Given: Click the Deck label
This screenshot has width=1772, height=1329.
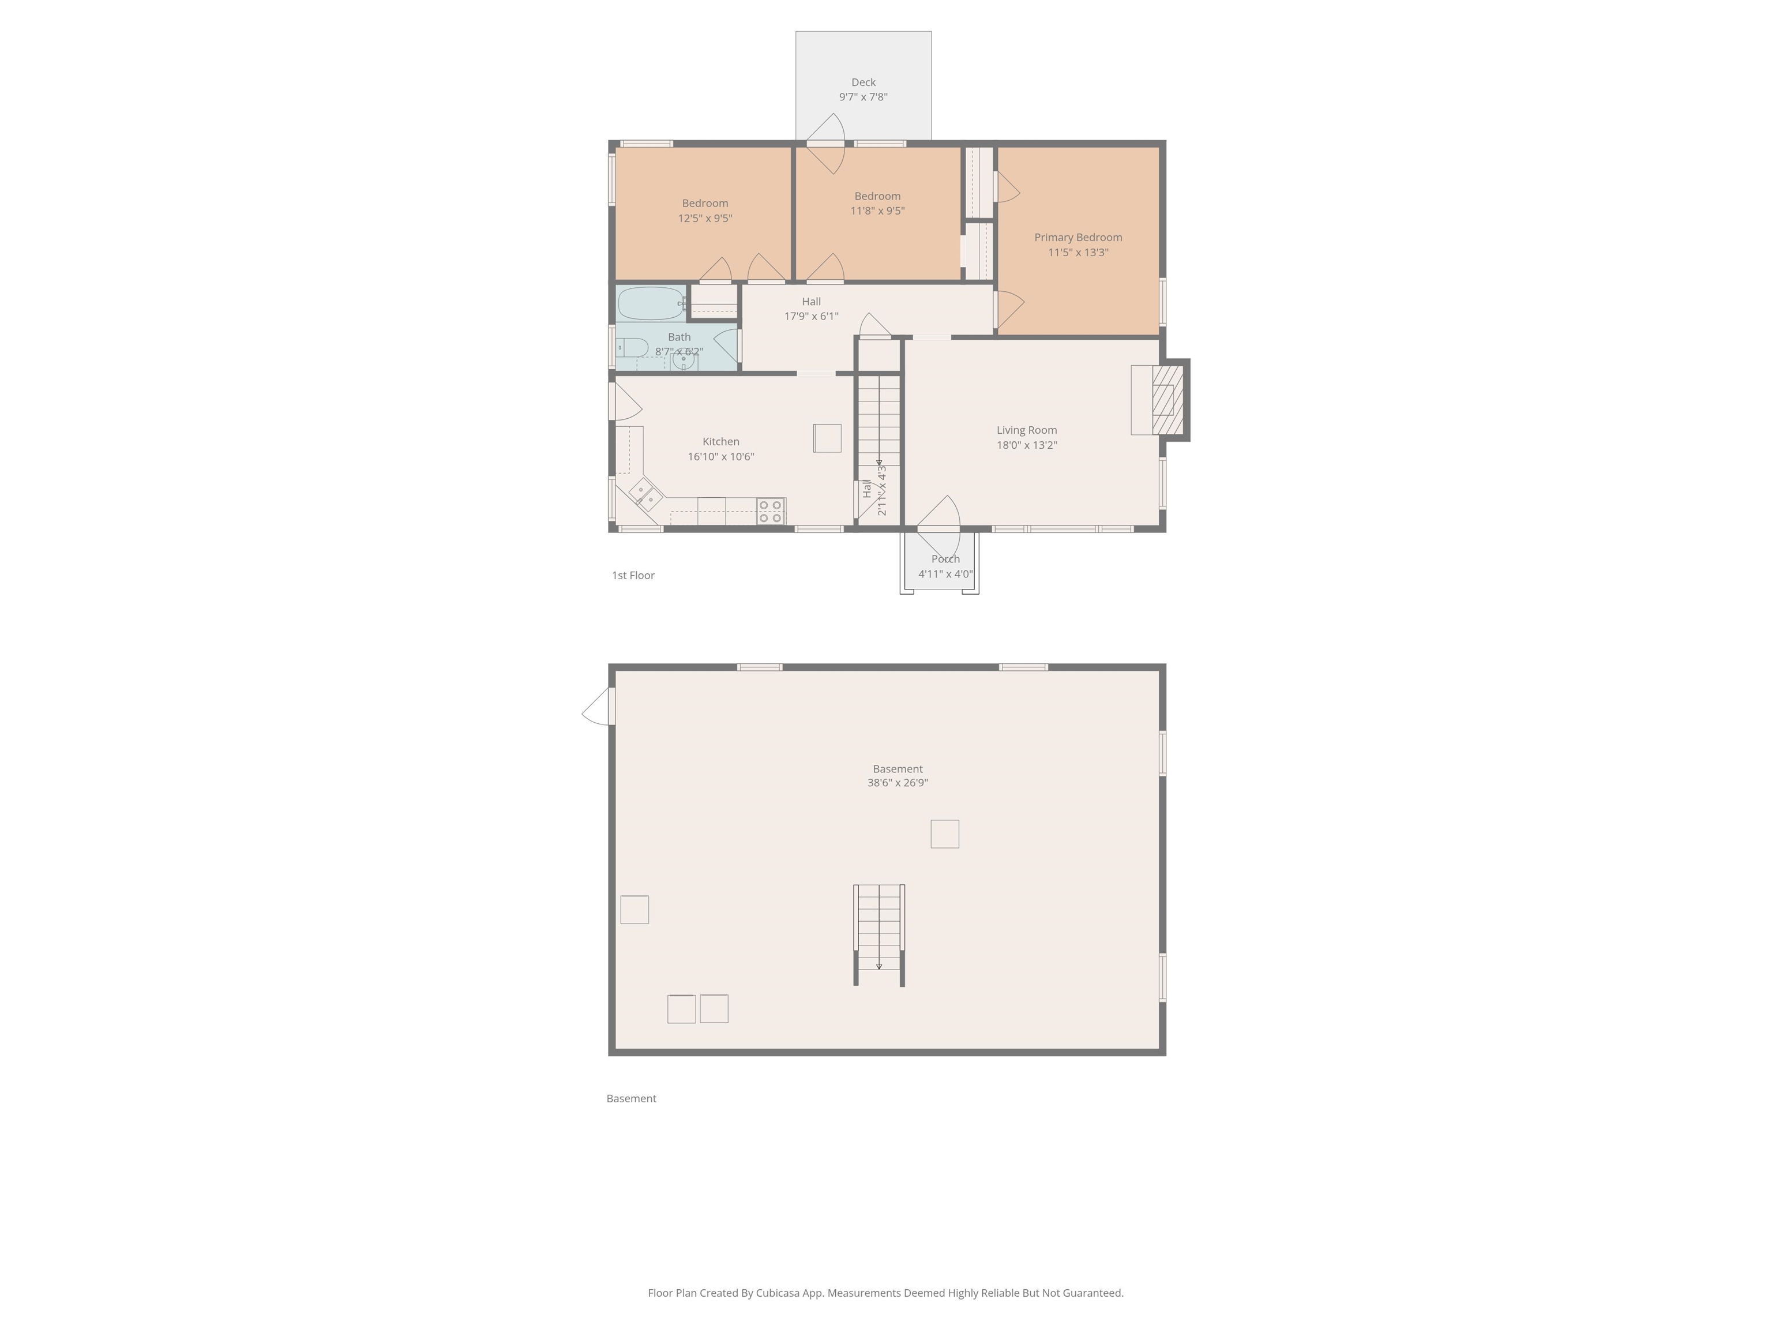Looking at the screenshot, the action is point(863,82).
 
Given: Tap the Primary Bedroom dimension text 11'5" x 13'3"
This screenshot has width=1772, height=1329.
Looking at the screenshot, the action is point(1078,252).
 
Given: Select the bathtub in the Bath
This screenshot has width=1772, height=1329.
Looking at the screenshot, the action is point(651,303).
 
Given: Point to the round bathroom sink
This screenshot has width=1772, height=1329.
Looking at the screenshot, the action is point(682,361).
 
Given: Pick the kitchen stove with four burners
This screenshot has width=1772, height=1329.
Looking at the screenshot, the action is point(771,511).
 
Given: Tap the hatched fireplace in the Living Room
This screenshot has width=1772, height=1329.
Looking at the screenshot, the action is point(1168,400).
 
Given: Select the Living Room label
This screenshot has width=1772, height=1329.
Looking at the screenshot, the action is point(1026,430).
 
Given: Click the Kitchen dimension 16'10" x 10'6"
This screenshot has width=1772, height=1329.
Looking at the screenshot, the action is point(720,457).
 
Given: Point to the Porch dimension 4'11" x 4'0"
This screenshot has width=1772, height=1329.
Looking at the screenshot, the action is point(945,573).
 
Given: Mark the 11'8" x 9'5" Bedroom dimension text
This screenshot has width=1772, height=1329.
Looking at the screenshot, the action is point(877,211).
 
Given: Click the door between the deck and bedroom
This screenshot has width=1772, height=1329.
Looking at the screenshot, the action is point(826,144).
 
